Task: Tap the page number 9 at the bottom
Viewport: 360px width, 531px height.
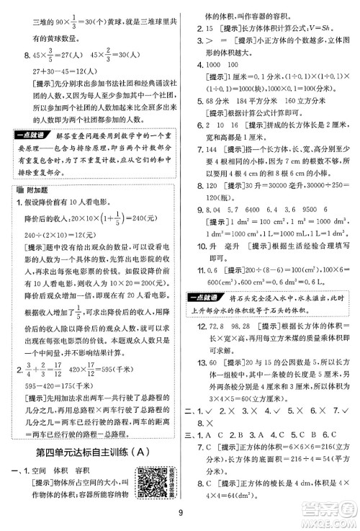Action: pos(179,514)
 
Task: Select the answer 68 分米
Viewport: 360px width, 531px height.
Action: pos(218,112)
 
